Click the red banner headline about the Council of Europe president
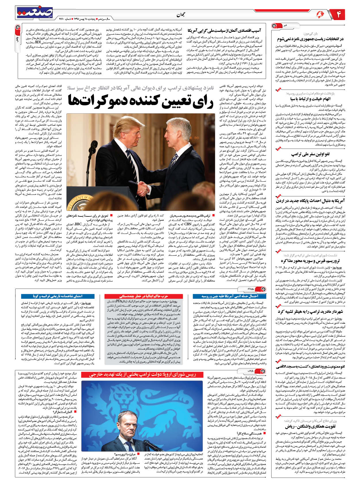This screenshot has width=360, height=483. coord(143,375)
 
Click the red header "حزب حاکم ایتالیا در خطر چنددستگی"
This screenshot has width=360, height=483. coord(143,296)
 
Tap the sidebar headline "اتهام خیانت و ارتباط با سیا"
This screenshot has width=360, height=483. coord(310,99)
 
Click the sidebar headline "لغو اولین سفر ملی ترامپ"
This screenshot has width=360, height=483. coord(310,154)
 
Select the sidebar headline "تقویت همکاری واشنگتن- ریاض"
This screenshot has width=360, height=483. coord(310,426)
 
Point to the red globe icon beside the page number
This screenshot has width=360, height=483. coord(320,14)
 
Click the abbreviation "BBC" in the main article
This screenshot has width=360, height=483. coord(78,224)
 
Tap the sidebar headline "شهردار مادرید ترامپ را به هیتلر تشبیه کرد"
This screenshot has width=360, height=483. coord(310,311)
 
